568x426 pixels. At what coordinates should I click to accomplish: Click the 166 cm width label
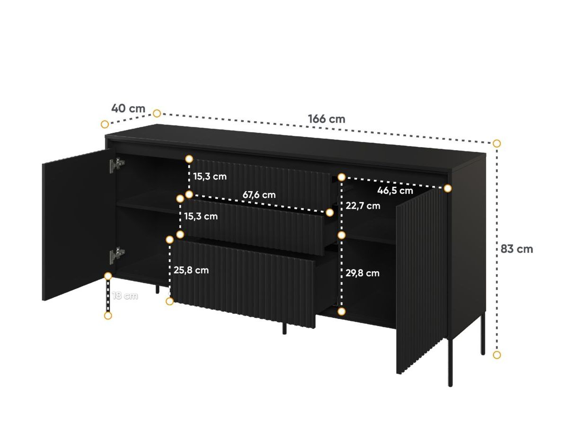pyautogui.click(x=327, y=119)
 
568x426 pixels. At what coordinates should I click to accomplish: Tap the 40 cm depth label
pyautogui.click(x=128, y=108)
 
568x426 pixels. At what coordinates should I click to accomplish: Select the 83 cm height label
pyautogui.click(x=517, y=249)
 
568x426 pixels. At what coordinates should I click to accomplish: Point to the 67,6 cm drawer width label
pyautogui.click(x=259, y=195)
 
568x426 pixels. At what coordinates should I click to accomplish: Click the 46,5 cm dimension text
pyautogui.click(x=395, y=191)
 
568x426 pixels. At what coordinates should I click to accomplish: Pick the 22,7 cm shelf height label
pyautogui.click(x=363, y=206)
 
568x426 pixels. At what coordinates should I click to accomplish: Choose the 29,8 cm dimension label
pyautogui.click(x=362, y=273)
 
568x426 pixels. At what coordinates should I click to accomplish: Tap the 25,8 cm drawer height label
pyautogui.click(x=191, y=270)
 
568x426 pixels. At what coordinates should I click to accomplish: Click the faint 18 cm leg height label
pyautogui.click(x=125, y=296)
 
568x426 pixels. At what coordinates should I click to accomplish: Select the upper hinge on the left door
pyautogui.click(x=116, y=165)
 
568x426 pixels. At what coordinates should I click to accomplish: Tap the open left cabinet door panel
pyautogui.click(x=76, y=222)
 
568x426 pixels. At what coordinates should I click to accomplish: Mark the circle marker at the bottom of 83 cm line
pyautogui.click(x=497, y=355)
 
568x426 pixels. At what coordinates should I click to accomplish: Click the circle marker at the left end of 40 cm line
pyautogui.click(x=105, y=124)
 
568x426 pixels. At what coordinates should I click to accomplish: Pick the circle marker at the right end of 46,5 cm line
pyautogui.click(x=448, y=188)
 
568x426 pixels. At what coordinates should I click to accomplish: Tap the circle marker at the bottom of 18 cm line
pyautogui.click(x=108, y=315)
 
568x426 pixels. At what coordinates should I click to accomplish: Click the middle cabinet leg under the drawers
pyautogui.click(x=284, y=328)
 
